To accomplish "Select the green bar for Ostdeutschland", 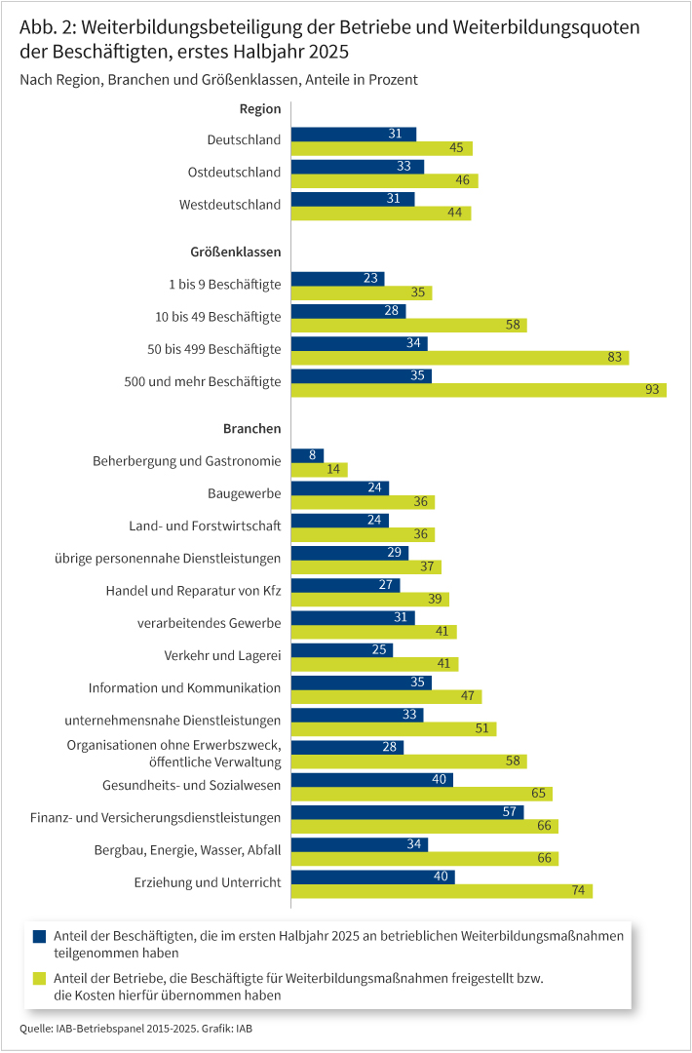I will coord(385,180).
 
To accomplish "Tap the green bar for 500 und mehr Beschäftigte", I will coord(479,390).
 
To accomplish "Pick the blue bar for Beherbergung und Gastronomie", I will coord(308,455).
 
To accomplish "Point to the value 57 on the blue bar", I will coord(509,812).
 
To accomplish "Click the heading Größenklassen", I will coord(236,252).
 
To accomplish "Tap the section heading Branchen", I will coord(252,428).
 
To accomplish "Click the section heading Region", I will coord(260,109).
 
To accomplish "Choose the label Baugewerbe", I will coord(245,493).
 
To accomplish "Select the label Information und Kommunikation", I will coord(184,687).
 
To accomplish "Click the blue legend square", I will coord(40,936).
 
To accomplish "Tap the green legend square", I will coord(40,978).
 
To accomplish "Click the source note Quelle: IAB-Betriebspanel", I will coord(140,1029).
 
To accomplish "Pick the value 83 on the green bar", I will coord(615,358).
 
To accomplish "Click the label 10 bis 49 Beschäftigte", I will coord(218,317).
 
